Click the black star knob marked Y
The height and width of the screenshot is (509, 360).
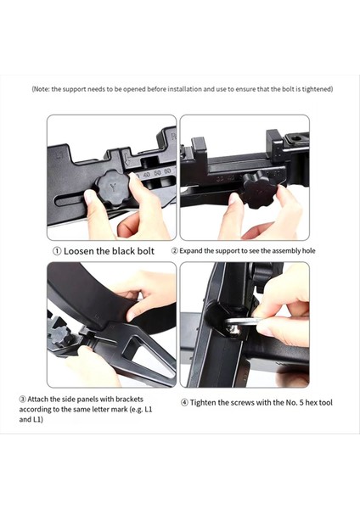tap(113, 188)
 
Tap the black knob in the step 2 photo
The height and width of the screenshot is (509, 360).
tap(259, 190)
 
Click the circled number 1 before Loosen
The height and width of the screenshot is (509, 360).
tap(57, 251)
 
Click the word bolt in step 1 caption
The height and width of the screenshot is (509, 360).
tap(145, 251)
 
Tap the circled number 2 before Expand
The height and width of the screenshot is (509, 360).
tap(175, 251)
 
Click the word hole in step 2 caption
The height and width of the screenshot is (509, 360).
tap(309, 251)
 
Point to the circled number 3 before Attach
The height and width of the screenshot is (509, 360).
tap(22, 400)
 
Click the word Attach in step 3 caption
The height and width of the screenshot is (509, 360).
tap(38, 400)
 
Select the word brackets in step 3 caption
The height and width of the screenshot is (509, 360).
tap(129, 400)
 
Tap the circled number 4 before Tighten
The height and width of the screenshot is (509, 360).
tap(184, 403)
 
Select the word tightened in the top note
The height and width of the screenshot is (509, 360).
tap(317, 89)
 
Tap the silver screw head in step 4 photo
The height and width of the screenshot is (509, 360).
tap(234, 329)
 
